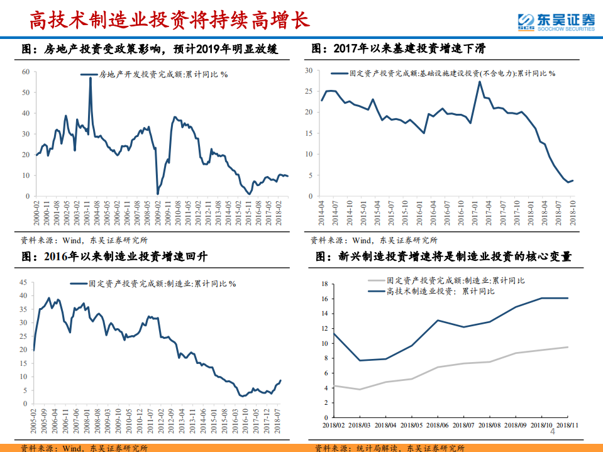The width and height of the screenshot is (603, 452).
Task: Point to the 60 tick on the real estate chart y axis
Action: tap(26, 72)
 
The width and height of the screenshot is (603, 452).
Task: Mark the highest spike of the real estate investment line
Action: tap(90, 79)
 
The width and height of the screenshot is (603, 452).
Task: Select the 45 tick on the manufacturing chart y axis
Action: tap(23, 282)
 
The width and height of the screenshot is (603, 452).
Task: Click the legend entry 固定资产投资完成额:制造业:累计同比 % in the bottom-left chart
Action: tap(162, 284)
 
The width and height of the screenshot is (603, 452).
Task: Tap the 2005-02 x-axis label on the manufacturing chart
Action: tap(33, 425)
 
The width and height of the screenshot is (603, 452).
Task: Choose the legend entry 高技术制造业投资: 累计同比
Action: tap(440, 291)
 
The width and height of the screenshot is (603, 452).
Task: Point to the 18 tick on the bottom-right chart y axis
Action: tap(324, 284)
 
